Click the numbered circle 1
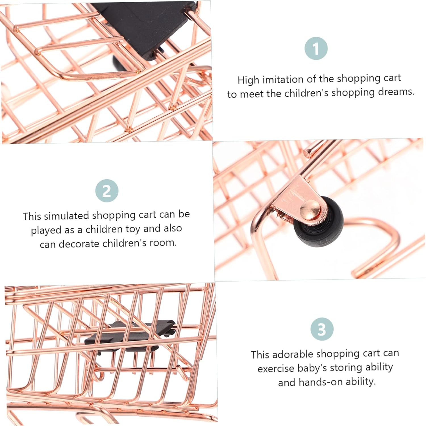pos(316,48)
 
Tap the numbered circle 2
pos(107,191)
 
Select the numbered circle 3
pos(322,329)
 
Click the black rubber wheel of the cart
pos(319,225)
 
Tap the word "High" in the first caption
pos(248,80)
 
